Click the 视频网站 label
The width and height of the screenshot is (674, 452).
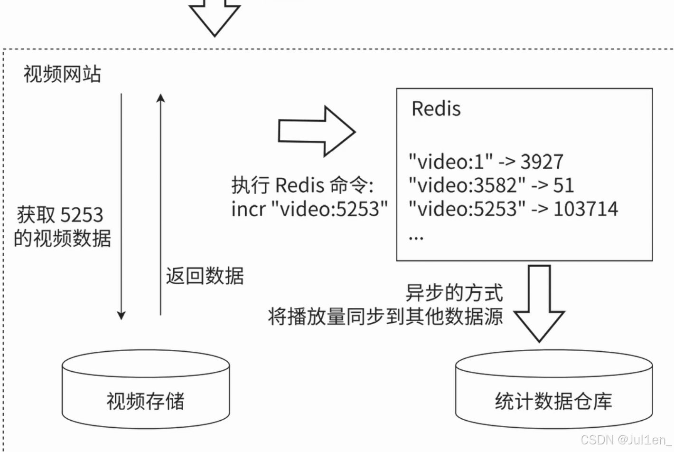click(x=62, y=75)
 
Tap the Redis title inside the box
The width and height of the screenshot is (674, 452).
click(x=436, y=109)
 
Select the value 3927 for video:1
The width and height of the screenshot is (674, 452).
click(x=542, y=162)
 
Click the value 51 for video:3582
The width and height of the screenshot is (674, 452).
click(x=563, y=185)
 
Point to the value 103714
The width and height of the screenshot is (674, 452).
click(x=586, y=209)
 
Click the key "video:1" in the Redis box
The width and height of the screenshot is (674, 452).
click(x=450, y=162)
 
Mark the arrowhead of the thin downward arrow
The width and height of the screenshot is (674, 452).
click(x=121, y=315)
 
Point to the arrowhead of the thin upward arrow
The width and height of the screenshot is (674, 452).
click(x=160, y=98)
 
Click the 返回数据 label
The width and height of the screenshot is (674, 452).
click(x=205, y=276)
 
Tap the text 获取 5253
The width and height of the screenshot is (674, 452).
click(x=60, y=215)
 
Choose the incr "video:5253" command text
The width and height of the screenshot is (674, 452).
click(x=309, y=209)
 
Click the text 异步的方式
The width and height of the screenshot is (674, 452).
click(x=454, y=293)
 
